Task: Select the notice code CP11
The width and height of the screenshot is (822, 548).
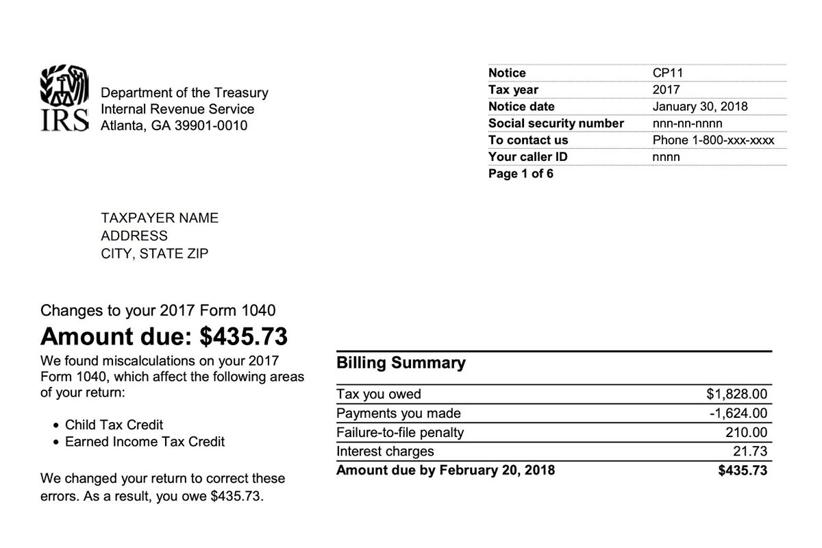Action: [668, 73]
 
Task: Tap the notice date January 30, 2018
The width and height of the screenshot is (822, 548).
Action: [700, 107]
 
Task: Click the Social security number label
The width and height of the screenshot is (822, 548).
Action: [556, 123]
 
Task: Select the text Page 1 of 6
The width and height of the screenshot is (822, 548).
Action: [521, 174]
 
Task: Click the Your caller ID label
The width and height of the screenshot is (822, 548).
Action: [527, 157]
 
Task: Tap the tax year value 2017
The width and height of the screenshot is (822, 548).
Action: [667, 90]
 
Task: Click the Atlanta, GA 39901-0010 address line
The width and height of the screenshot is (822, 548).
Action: [174, 126]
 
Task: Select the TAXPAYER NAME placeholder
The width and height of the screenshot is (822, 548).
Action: [160, 219]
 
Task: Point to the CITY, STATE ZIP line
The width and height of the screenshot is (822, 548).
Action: [155, 254]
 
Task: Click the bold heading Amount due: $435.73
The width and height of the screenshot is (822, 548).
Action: [164, 336]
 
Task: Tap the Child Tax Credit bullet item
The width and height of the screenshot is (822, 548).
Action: [114, 425]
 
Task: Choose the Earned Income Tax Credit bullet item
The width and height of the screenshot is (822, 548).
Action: [145, 442]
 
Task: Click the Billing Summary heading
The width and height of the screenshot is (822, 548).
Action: [401, 363]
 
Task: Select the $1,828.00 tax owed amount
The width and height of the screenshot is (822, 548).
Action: [736, 395]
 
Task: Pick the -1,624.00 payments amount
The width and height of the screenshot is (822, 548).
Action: [738, 414]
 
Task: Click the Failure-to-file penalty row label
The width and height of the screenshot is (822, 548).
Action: [400, 433]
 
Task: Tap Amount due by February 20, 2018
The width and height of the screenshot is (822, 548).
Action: [445, 471]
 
